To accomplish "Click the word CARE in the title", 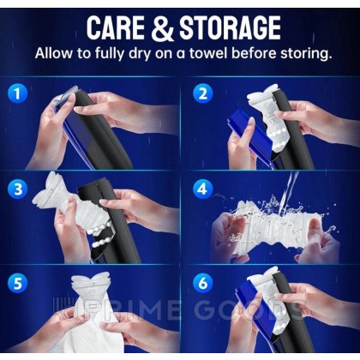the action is [x=116, y=28].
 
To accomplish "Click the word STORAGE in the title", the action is [x=230, y=28].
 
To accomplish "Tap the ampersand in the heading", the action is [x=162, y=28].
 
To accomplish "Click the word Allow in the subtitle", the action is [x=54, y=53].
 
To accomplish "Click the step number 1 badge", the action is [x=17, y=93].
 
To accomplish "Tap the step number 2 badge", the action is [x=203, y=93].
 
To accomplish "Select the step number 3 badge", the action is [x=18, y=189].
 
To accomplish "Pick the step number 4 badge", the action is [x=202, y=189].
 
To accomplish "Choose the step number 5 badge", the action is [x=18, y=284].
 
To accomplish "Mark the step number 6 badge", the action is [x=202, y=284].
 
